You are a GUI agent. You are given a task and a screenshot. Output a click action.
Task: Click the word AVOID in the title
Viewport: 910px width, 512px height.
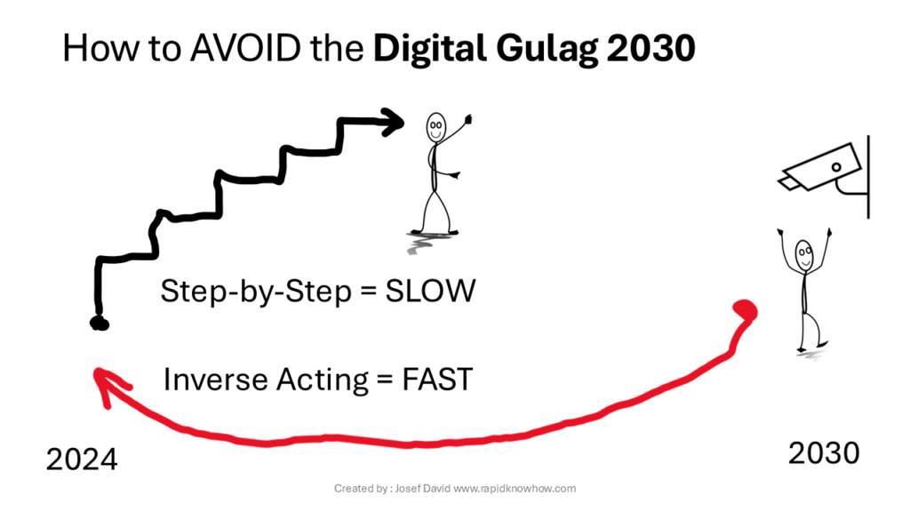pyautogui.click(x=245, y=48)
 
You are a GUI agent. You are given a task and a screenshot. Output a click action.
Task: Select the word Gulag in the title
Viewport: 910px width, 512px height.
pyautogui.click(x=547, y=50)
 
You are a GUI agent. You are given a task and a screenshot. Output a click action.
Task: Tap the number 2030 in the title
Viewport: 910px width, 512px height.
pyautogui.click(x=651, y=48)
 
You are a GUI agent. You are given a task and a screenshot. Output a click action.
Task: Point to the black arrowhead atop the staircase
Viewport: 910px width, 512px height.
pyautogui.click(x=393, y=122)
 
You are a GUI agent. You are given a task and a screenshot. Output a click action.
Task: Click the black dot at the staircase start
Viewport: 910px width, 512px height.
pyautogui.click(x=100, y=323)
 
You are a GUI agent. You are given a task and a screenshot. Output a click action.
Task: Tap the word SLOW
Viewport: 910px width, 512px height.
pyautogui.click(x=431, y=291)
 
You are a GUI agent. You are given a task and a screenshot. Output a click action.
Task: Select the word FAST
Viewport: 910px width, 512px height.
pyautogui.click(x=437, y=380)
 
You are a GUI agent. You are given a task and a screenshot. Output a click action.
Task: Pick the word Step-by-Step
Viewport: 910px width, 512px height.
pyautogui.click(x=256, y=292)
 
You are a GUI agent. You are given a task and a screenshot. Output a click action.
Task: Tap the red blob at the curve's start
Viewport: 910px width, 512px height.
pyautogui.click(x=746, y=310)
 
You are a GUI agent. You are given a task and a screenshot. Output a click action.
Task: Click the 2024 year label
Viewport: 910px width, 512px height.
pyautogui.click(x=82, y=460)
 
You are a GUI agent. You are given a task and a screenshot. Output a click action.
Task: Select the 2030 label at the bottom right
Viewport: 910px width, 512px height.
pyautogui.click(x=824, y=452)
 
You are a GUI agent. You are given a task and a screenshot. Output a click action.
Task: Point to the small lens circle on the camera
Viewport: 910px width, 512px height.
pyautogui.click(x=836, y=167)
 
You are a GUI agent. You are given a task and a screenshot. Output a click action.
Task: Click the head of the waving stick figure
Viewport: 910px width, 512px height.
pyautogui.click(x=435, y=127)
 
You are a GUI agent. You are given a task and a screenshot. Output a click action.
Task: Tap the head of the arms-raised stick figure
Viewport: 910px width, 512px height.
pyautogui.click(x=804, y=255)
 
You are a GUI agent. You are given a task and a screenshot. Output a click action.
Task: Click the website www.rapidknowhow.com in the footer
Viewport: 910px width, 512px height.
pyautogui.click(x=515, y=489)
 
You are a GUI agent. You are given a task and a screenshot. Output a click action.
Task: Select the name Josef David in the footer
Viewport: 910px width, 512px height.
pyautogui.click(x=422, y=489)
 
